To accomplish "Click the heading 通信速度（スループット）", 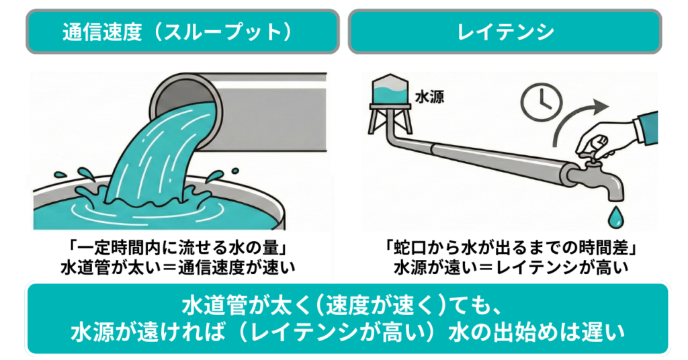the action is point(177,32).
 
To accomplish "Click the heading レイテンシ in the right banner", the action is point(505,32).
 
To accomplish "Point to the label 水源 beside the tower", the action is point(429,97).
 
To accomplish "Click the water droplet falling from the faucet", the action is point(615,217).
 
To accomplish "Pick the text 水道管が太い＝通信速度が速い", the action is point(177,267).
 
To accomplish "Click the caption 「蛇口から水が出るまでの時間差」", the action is point(511,249).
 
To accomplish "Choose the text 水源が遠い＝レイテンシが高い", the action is point(511,267).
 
